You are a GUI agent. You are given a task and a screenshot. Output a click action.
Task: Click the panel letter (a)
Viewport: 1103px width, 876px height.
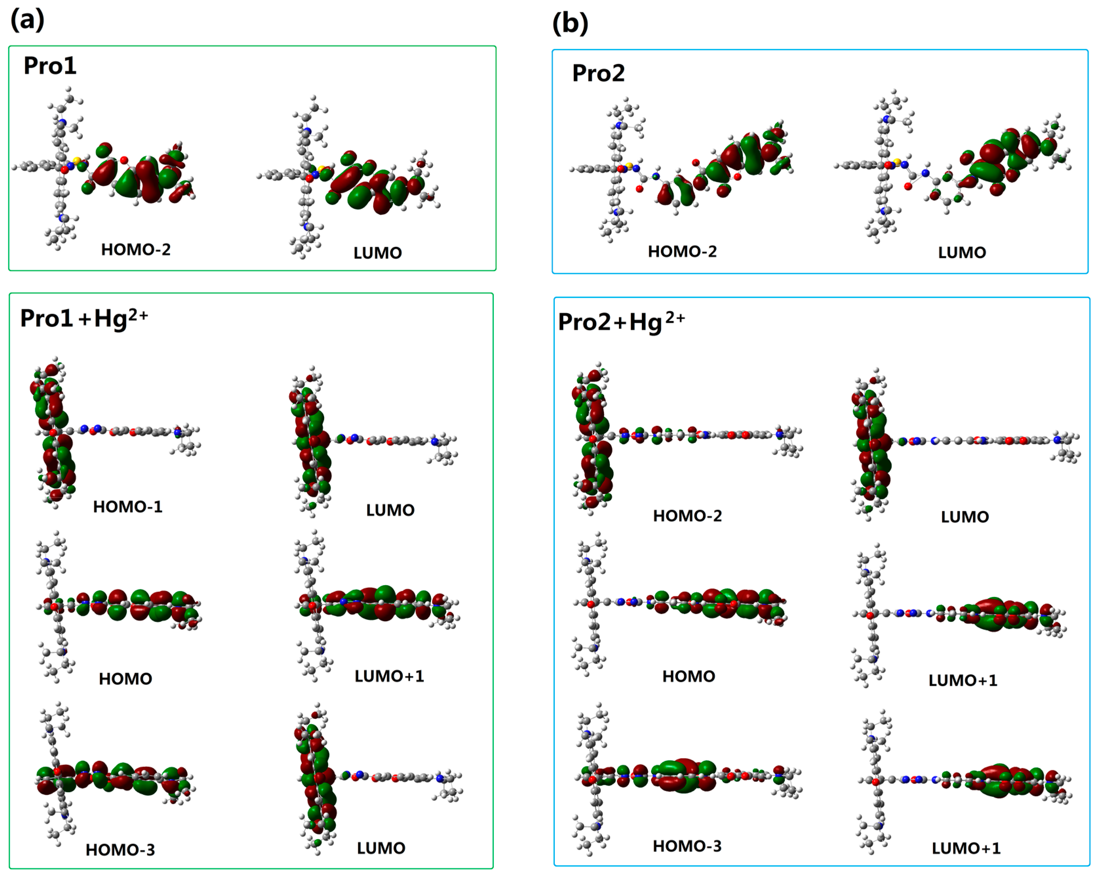coord(28,20)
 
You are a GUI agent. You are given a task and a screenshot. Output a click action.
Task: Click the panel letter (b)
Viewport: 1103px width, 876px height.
coord(570,24)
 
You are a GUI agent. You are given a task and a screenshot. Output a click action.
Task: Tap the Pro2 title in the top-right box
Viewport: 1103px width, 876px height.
coord(598,73)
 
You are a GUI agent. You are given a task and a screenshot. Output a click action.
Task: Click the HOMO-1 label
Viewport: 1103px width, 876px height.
coord(127,507)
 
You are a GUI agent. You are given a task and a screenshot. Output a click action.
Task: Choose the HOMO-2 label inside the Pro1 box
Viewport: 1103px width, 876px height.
coord(136,250)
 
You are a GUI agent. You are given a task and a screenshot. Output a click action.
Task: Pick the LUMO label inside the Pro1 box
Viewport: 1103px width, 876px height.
coord(377,253)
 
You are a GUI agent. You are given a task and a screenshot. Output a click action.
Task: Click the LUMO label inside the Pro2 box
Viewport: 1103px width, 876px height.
coord(962,253)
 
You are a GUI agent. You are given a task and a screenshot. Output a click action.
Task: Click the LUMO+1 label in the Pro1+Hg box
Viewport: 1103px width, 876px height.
coord(389,676)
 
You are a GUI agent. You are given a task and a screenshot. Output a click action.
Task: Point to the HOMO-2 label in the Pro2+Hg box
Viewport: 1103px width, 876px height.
coord(687,516)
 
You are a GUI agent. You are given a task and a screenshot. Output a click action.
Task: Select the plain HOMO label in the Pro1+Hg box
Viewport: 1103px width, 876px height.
coord(125,679)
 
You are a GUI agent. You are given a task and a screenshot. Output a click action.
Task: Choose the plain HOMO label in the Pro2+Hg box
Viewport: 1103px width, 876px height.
coord(688,676)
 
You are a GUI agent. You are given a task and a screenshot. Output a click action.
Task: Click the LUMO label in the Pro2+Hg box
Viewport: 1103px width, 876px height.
coord(964,517)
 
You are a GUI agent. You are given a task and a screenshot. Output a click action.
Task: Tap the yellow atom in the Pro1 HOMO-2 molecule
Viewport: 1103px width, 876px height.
coord(77,161)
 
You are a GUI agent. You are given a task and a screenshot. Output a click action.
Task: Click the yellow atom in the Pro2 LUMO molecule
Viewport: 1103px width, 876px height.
coord(896,162)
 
